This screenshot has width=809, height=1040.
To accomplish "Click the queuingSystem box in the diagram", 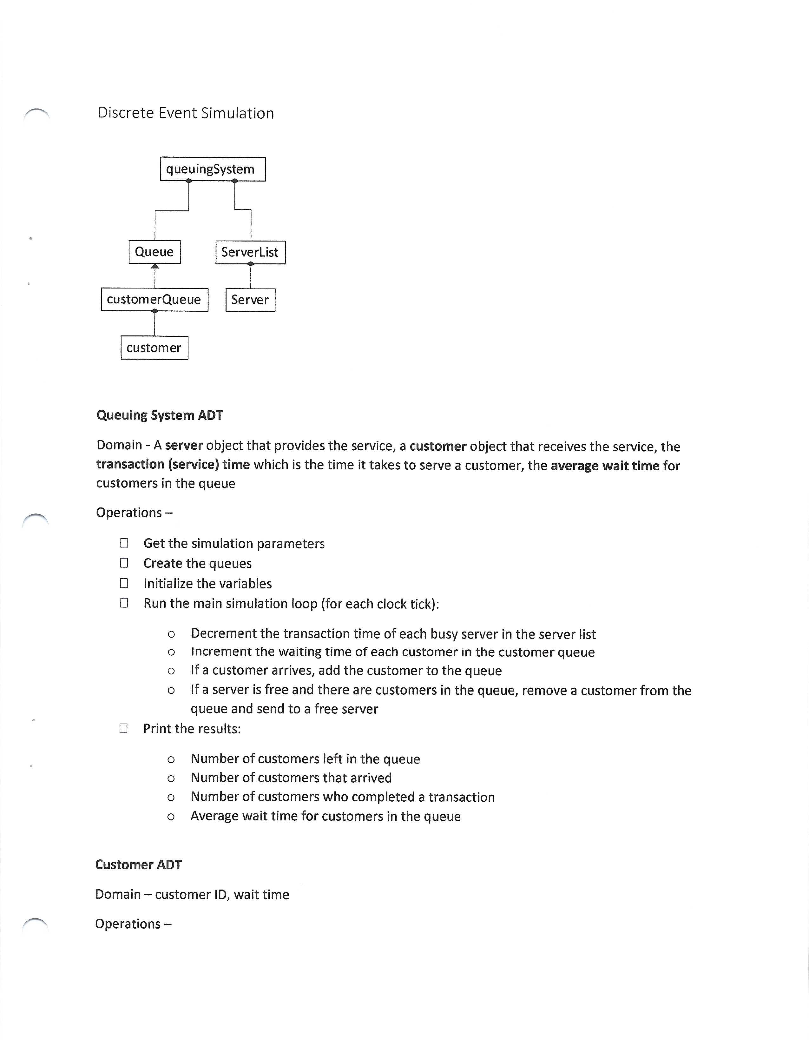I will coord(212,169).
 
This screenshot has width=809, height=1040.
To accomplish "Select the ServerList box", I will coord(250,252).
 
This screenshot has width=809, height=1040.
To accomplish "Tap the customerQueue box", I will coord(154,300).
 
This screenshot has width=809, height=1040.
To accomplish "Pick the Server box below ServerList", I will coord(250,300).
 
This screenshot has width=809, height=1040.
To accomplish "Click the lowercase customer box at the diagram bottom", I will coord(154,348).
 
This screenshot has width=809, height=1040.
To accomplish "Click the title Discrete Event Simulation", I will coord(186,113).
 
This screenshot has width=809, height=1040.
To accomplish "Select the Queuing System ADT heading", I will coord(160,415).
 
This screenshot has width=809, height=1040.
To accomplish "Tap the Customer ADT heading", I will coord(139,865).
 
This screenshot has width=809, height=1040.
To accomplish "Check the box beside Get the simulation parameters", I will coord(124,543).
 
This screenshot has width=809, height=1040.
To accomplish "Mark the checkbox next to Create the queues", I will coord(124,563).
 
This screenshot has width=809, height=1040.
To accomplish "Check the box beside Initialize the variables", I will coord(124,583).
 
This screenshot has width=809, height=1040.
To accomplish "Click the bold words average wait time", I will coord(605,465).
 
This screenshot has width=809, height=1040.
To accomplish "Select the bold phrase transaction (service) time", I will coord(173,464).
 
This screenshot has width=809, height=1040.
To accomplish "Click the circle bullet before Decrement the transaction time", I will coord(171,634).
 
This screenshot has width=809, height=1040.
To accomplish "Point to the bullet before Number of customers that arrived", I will coord(171,778).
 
